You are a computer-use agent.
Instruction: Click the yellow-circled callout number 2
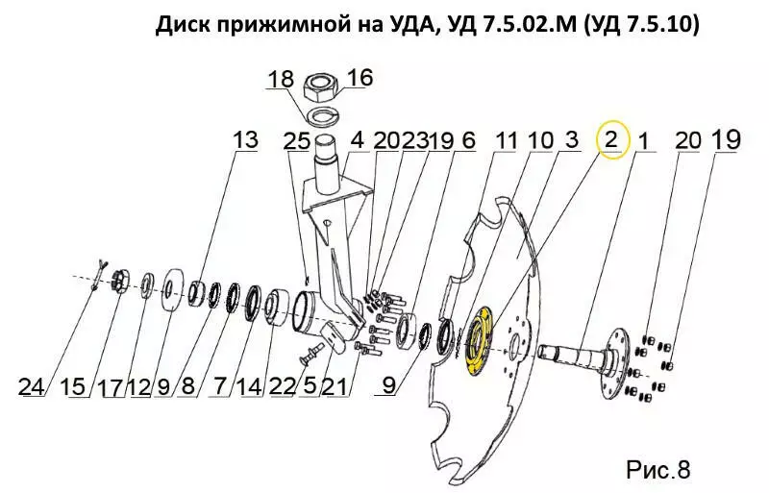610,140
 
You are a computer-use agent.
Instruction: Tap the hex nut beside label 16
321,88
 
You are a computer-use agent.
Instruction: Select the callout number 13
245,139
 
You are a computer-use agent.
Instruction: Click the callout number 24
32,387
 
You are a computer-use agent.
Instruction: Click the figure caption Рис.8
657,469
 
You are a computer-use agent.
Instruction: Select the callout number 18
281,79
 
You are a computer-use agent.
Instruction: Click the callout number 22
283,387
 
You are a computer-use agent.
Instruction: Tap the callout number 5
310,387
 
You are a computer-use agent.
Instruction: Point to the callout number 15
73,387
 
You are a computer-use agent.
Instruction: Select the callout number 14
249,387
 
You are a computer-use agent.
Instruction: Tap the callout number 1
643,141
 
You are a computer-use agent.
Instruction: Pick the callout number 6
468,140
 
